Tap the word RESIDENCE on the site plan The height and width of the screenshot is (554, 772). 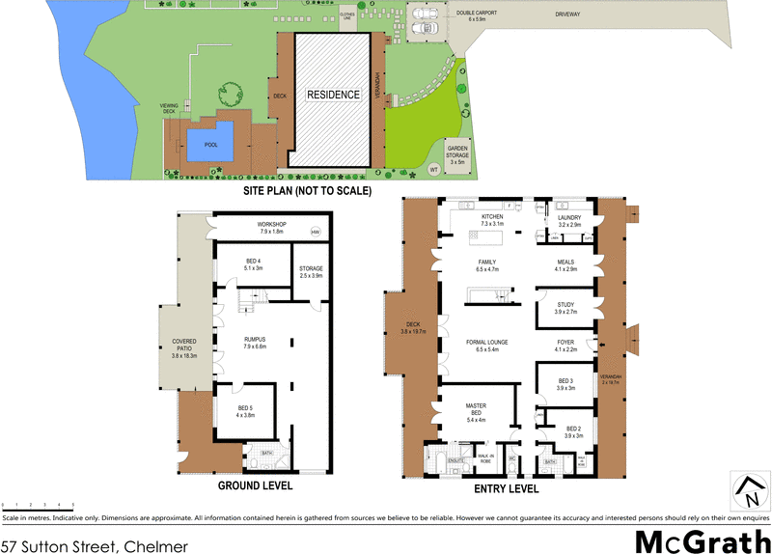pos(334,95)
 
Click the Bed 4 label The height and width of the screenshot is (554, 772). pos(254,264)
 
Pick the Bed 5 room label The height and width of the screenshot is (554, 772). pos(246,411)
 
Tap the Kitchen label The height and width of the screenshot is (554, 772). pos(480,219)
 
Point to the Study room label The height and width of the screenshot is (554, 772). pos(565,308)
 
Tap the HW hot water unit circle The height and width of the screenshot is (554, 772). pos(315,233)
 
